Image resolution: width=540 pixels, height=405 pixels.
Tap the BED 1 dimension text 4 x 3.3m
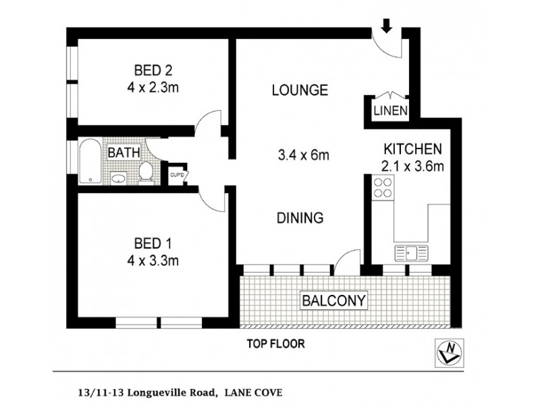tap(156, 258)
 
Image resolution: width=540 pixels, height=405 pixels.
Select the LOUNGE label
tap(300, 90)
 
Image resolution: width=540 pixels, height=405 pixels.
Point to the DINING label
tap(300, 218)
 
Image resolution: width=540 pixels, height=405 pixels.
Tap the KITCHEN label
tap(412, 149)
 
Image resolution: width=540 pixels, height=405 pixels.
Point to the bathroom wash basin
tap(119, 178)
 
